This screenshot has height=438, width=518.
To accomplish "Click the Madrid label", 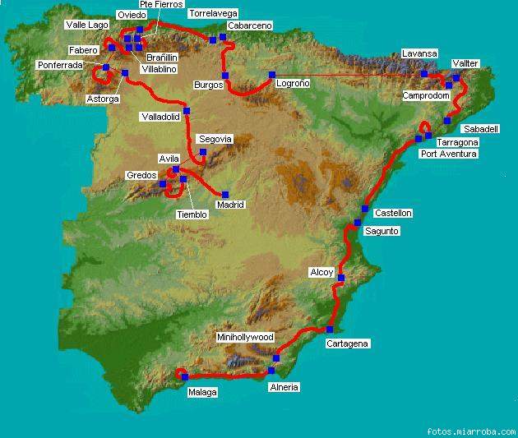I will tap(230, 205).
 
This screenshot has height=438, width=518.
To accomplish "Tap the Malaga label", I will tap(202, 392).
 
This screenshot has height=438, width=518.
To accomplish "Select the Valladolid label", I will tap(160, 117).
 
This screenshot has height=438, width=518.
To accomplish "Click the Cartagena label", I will tap(347, 343).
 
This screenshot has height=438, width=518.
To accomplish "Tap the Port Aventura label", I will tap(448, 153).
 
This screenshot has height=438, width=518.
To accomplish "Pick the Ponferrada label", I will tap(60, 65).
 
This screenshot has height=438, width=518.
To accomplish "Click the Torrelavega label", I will tap(213, 14).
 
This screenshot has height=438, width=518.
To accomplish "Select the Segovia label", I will tap(216, 140).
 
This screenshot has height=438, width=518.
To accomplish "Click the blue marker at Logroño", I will tap(271, 75).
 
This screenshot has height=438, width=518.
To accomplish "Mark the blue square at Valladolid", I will tap(187, 111).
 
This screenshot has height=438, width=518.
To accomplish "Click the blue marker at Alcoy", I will tap(341, 278).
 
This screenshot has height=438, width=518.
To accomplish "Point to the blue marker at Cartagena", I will tap(330, 329).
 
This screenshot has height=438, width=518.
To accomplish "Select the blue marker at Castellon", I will tap(365, 209).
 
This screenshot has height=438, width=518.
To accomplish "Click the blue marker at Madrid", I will tap(226, 194).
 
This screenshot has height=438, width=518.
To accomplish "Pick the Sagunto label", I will tap(381, 231).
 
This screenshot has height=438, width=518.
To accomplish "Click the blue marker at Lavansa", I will tap(424, 74).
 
